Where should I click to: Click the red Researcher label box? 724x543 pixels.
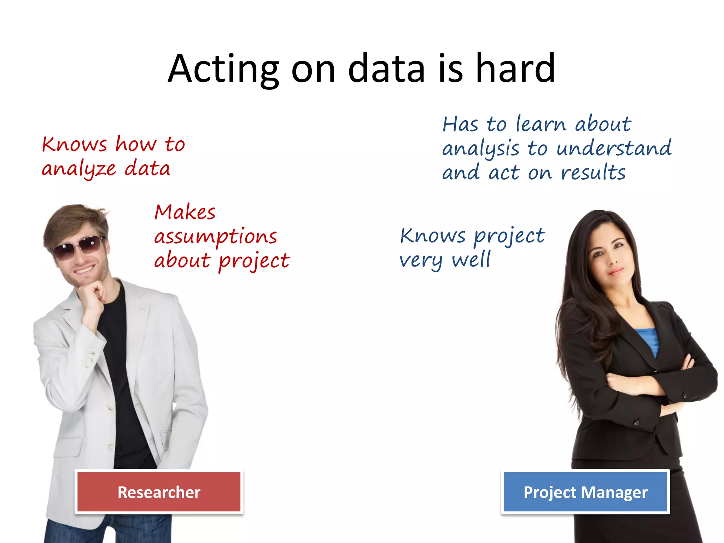pos(159,492)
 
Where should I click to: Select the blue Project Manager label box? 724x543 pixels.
pos(585,492)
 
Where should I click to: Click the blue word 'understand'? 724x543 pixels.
pos(614,148)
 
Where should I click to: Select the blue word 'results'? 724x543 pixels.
pos(593,173)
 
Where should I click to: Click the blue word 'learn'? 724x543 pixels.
pos(541,124)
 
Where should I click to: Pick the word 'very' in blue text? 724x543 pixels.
pos(421,261)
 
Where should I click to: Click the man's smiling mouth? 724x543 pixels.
pos(84,270)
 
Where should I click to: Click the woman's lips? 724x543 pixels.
pos(616,271)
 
